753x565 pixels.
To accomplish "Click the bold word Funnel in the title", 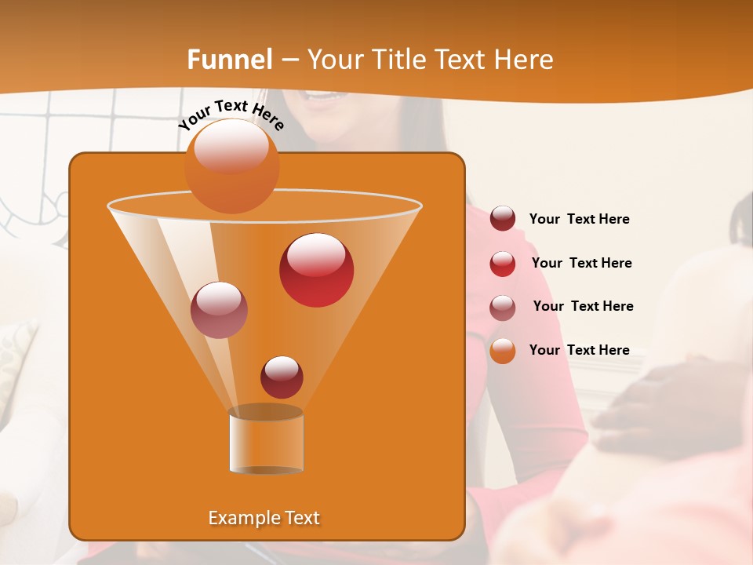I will coord(229,60).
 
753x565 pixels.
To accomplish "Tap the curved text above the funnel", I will coord(231,115).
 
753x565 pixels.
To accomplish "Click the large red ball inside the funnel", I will coord(316,269).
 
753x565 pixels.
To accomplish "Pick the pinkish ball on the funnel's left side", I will coord(219,309).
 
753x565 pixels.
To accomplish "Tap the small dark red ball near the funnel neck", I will coord(282,377).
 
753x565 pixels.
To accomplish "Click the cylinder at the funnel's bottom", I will coord(266,441).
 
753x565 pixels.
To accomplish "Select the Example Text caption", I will coord(264,518).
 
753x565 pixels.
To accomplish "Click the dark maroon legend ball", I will coord(503,219).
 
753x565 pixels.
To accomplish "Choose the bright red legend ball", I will coord(503,263).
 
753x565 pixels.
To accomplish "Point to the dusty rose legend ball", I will coord(503,307).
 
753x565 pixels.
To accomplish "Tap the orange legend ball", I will coord(503,351).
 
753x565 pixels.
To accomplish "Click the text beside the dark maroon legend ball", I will coord(579,219).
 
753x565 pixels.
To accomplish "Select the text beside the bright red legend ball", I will coord(581,263).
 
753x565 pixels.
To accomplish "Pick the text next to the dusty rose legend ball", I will coord(583,306).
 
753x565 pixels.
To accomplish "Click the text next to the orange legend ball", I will coord(579,350).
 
